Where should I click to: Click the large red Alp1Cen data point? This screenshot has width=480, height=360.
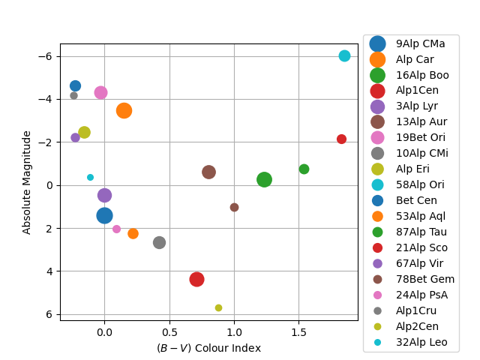click(x=196, y=279)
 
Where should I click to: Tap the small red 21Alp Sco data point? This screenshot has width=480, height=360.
click(x=341, y=139)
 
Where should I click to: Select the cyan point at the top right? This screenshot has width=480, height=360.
click(x=344, y=55)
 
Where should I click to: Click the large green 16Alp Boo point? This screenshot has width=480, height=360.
click(x=264, y=179)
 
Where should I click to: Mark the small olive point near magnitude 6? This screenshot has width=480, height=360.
click(x=218, y=307)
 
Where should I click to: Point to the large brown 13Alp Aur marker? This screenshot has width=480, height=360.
click(x=208, y=172)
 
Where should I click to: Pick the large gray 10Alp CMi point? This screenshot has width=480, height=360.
click(x=159, y=242)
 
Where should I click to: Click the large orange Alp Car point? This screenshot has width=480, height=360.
click(x=124, y=110)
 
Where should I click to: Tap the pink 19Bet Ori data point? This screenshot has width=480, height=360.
click(x=100, y=92)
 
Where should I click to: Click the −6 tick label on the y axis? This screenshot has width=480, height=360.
click(x=45, y=56)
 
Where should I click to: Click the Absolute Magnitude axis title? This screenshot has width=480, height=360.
click(x=27, y=182)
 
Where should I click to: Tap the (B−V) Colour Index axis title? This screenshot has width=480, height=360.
click(x=208, y=348)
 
